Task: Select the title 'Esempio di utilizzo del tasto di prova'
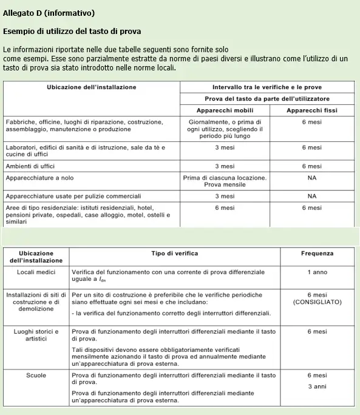[x=75, y=30]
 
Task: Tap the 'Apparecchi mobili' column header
[x=225, y=110]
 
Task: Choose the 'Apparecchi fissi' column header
[x=312, y=110]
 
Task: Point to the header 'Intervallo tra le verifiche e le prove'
[x=268, y=87]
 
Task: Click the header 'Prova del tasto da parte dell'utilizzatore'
[x=268, y=98]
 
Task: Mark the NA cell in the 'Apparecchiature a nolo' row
[x=312, y=178]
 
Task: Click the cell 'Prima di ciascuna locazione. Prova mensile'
[x=225, y=181]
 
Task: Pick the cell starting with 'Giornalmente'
[x=225, y=129]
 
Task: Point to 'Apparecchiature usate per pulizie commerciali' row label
[x=73, y=197]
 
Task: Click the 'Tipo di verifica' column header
[x=175, y=253]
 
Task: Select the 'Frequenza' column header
[x=317, y=253]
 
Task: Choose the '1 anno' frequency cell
[x=317, y=272]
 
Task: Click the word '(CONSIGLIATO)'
[x=317, y=302]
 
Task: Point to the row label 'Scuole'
[x=36, y=376]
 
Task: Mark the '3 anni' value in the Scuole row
[x=317, y=386]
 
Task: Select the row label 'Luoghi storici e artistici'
[x=36, y=336]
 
